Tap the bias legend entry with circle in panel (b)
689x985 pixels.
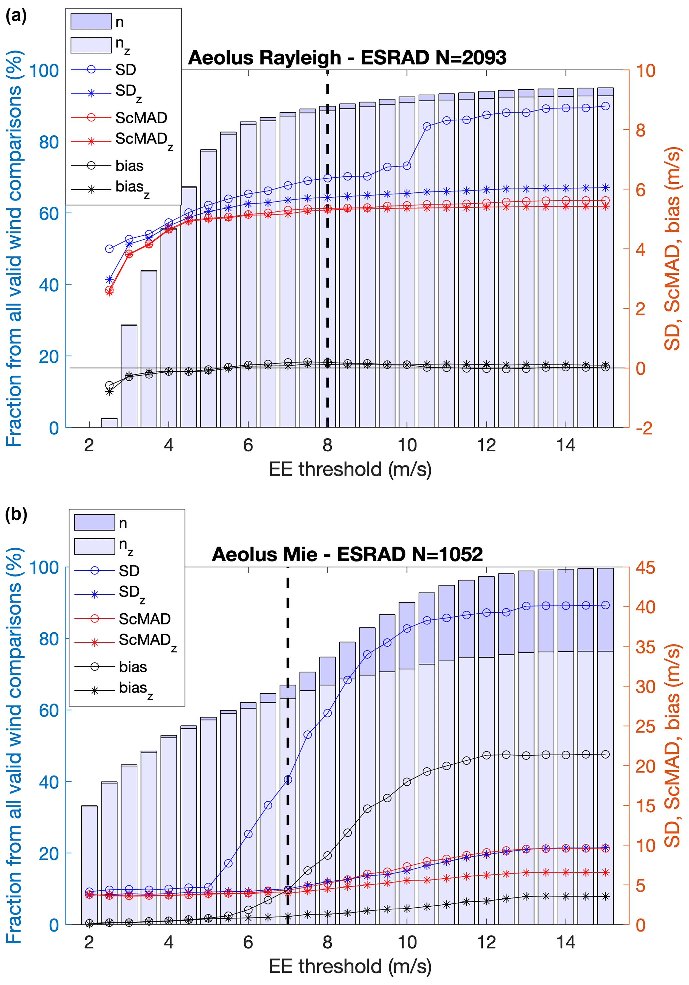click(x=133, y=667)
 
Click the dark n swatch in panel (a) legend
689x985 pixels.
click(x=91, y=21)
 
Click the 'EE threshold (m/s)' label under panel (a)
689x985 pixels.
click(x=350, y=469)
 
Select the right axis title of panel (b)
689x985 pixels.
click(x=672, y=746)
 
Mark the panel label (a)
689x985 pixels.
click(x=16, y=16)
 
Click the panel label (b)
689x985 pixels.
click(x=16, y=514)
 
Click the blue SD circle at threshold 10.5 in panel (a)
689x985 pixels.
click(x=427, y=126)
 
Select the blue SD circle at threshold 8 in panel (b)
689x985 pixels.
click(x=327, y=713)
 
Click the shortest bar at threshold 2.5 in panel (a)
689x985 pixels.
click(x=109, y=423)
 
